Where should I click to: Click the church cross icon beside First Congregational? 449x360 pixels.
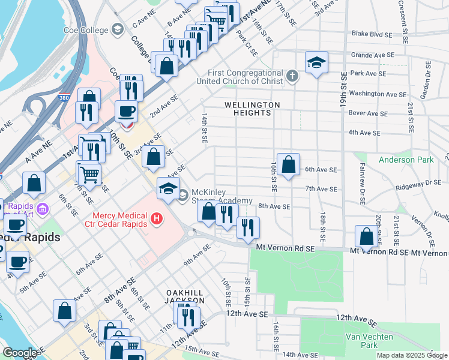(292, 76)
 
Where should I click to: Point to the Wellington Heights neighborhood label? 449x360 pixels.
(252, 109)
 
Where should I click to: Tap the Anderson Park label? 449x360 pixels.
(406, 160)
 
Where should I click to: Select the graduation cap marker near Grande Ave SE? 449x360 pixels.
(316, 62)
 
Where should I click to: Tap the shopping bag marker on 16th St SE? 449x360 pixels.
(288, 164)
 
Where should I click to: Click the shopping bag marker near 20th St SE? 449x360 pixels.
(366, 236)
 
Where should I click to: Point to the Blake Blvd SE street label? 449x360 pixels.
(373, 34)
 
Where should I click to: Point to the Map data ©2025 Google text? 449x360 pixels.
(411, 355)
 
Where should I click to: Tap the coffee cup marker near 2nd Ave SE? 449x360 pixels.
(126, 112)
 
